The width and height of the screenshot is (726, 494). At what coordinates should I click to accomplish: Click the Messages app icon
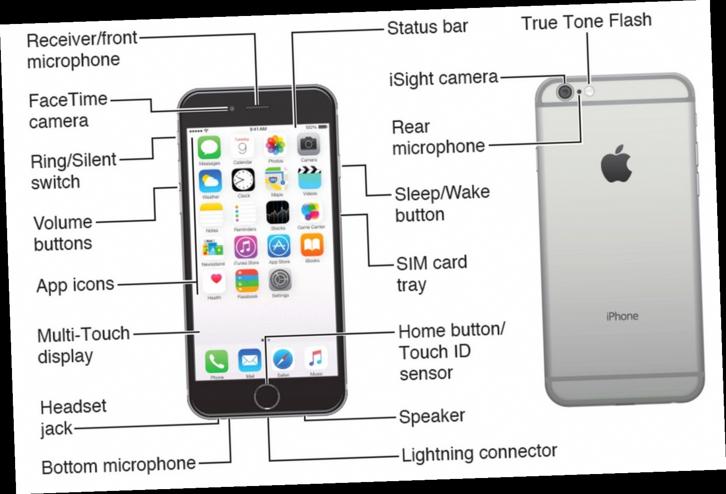(x=209, y=148)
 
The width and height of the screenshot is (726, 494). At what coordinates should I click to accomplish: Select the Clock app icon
(x=243, y=180)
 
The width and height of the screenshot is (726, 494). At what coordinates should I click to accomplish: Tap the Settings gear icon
(x=280, y=280)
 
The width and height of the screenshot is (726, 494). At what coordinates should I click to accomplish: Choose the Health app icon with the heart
(x=215, y=281)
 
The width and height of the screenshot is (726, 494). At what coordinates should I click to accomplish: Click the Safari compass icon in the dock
(x=283, y=360)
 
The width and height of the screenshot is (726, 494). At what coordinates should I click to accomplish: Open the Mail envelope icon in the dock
(x=249, y=361)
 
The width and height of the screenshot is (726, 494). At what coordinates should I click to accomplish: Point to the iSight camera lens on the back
(x=565, y=92)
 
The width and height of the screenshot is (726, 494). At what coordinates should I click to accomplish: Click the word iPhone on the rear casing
(x=622, y=316)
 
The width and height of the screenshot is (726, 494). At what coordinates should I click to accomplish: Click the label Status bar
(x=427, y=27)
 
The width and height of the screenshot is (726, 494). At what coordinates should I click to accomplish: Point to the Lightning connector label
(x=479, y=453)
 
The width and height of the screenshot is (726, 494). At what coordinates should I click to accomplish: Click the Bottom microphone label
(x=118, y=466)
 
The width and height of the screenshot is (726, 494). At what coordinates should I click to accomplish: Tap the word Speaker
(x=432, y=416)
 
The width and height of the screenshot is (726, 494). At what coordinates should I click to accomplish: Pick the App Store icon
(x=279, y=246)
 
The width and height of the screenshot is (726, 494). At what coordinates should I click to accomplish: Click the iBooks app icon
(x=312, y=245)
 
